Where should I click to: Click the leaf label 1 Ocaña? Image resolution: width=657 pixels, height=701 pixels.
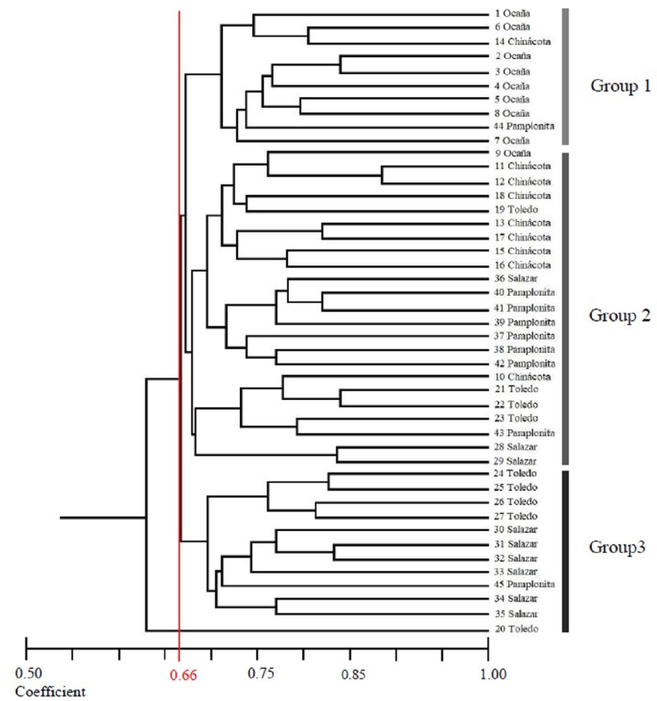pos(512,14)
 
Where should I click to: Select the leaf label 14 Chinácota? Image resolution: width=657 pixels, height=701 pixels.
pos(521,43)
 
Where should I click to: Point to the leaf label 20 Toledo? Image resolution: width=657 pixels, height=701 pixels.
pos(514,630)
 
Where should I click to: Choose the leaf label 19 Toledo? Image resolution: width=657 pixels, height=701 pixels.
pos(514,209)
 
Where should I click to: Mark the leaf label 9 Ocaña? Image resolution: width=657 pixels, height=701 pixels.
pos(512,152)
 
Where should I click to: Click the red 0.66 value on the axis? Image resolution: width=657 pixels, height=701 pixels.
pos(181,674)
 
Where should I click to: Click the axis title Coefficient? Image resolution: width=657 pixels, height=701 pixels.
pos(50,690)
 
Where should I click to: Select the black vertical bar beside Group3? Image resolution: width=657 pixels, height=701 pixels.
pos(564,552)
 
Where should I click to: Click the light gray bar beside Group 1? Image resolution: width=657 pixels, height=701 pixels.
pos(564,77)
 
